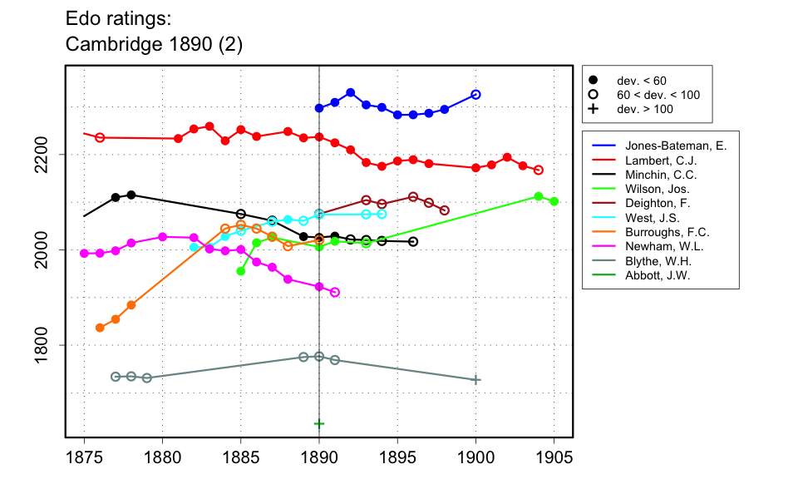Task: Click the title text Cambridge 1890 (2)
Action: click(154, 44)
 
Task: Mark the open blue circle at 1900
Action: click(475, 95)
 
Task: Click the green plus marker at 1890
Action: click(319, 423)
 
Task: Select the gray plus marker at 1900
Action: click(475, 379)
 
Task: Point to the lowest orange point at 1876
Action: click(100, 328)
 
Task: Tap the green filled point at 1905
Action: click(554, 201)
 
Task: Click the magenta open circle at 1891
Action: click(335, 292)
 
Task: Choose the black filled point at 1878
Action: click(131, 195)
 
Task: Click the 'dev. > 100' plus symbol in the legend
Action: click(593, 109)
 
